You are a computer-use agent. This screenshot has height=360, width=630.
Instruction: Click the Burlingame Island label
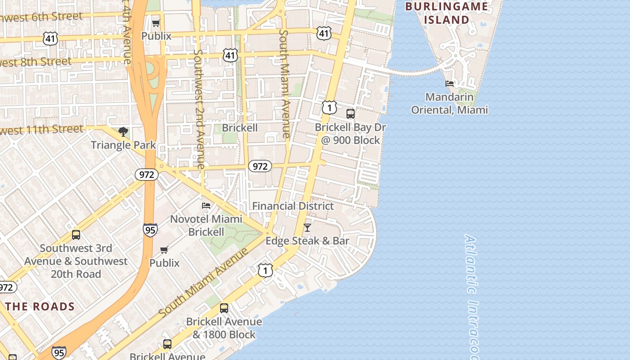click(446, 13)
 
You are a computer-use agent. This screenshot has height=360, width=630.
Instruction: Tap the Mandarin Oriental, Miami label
click(450, 103)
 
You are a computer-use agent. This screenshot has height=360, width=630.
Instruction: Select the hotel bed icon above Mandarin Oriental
click(449, 84)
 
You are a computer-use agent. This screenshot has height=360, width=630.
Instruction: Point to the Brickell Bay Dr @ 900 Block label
click(350, 134)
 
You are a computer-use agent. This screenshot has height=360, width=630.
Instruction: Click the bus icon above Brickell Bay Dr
click(351, 114)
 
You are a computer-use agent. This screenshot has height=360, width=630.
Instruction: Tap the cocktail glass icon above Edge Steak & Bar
click(307, 228)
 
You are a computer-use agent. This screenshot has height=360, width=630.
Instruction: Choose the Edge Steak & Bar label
click(307, 241)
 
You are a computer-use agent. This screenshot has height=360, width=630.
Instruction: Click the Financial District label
click(293, 206)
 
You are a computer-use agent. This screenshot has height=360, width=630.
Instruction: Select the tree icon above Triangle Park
click(123, 132)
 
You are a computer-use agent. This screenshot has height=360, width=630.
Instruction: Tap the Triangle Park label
click(123, 145)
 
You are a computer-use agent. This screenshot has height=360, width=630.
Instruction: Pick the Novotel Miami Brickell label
click(206, 225)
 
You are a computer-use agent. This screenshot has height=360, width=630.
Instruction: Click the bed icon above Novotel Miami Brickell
click(206, 206)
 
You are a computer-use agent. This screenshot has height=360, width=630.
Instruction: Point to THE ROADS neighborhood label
click(40, 307)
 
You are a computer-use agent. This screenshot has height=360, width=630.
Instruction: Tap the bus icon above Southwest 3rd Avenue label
click(76, 234)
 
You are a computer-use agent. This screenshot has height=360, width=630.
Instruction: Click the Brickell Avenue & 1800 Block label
click(224, 328)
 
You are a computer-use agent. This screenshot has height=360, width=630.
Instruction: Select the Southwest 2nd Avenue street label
click(198, 108)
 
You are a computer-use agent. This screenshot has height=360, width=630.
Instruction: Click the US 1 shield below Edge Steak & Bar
click(265, 270)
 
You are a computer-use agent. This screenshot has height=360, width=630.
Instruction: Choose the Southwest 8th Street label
click(36, 62)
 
